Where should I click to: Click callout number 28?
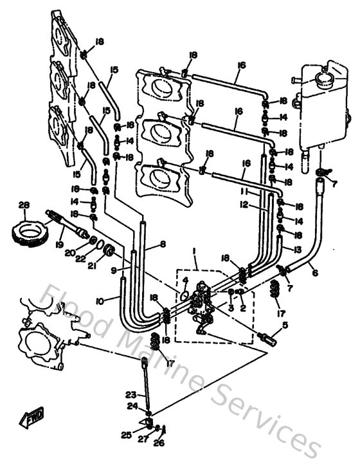(x=24, y=206)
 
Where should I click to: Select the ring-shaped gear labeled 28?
(x=29, y=230)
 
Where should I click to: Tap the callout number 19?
(x=60, y=244)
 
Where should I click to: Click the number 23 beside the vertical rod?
(x=130, y=395)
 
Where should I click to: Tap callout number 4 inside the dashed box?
(x=185, y=281)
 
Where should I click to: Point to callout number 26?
(x=160, y=443)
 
